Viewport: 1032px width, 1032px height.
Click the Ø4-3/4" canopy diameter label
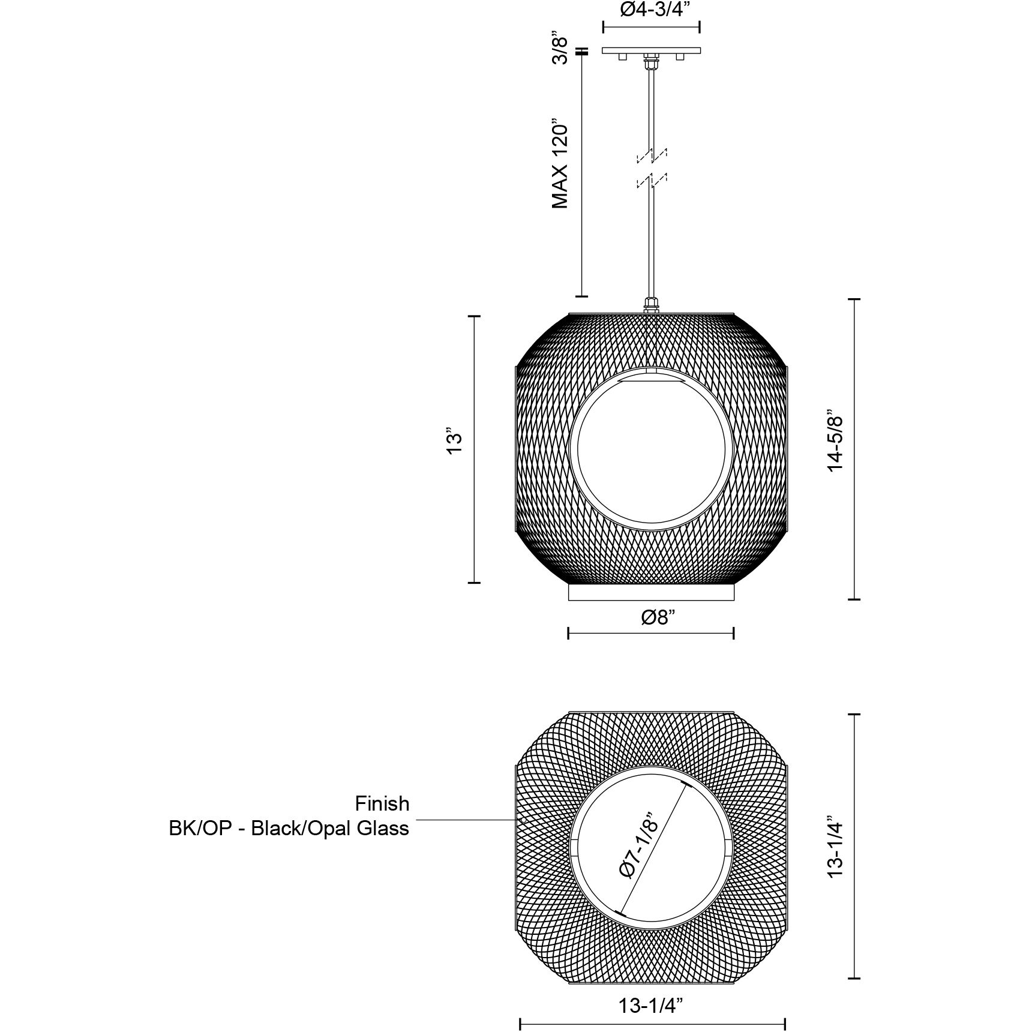tap(651, 10)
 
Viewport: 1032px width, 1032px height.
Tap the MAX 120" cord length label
tap(560, 163)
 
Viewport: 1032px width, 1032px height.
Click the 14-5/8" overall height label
tap(835, 441)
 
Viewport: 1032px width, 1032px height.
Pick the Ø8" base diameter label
tap(659, 617)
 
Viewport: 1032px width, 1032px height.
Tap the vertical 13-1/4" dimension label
tap(835, 847)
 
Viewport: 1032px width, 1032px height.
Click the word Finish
tap(382, 803)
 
